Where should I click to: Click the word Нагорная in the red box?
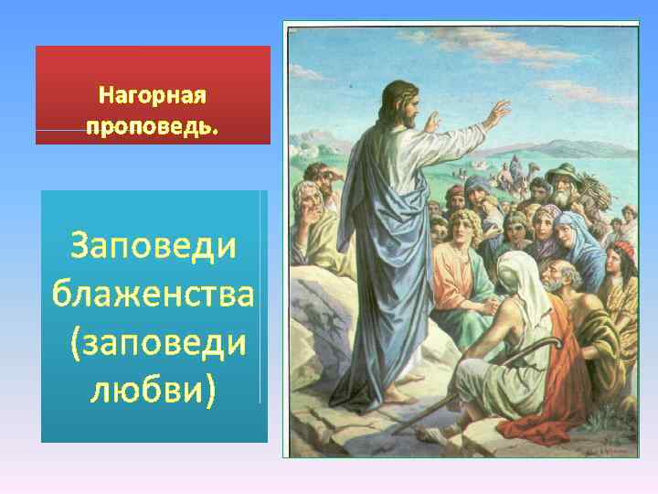tap(153, 95)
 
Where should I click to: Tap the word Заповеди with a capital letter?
tap(153, 246)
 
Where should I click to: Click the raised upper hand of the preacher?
tap(497, 113)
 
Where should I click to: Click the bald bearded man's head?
tap(559, 274)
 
